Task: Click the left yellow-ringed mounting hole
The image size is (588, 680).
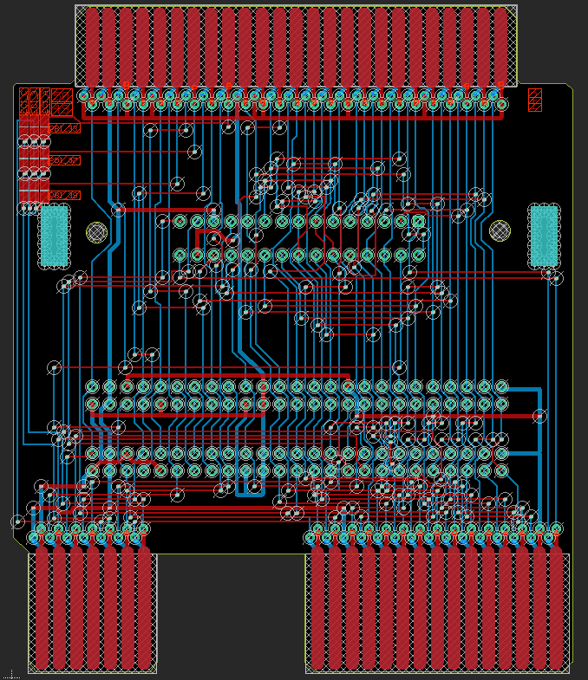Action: pyautogui.click(x=96, y=231)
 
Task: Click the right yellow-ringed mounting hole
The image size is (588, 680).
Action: pyautogui.click(x=500, y=230)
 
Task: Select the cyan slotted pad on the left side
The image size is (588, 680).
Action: pyautogui.click(x=54, y=235)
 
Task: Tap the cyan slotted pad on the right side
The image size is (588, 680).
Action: pyautogui.click(x=544, y=235)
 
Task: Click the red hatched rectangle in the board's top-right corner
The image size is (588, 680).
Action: pyautogui.click(x=535, y=100)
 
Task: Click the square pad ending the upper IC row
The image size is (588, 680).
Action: pyautogui.click(x=418, y=221)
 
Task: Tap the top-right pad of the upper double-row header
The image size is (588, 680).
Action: pyautogui.click(x=501, y=386)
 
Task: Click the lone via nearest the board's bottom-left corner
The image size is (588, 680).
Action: pyautogui.click(x=17, y=521)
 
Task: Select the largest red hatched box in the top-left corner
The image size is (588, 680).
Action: pyautogui.click(x=62, y=101)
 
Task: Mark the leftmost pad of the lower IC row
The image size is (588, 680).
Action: pyautogui.click(x=180, y=255)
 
